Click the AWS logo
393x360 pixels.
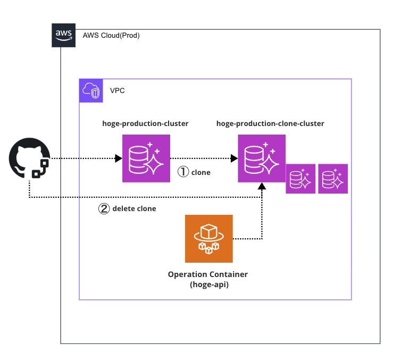(x=63, y=35)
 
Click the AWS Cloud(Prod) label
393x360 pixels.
(x=111, y=35)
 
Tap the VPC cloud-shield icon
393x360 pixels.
(x=91, y=90)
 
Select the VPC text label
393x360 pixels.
(x=118, y=90)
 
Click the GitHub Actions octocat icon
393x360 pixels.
(x=29, y=158)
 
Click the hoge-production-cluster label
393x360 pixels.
(x=145, y=123)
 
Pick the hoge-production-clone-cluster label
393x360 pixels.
(x=270, y=123)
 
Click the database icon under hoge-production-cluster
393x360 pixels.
(x=146, y=158)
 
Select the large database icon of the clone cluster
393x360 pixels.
(x=262, y=158)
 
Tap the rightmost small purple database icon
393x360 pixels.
(x=333, y=179)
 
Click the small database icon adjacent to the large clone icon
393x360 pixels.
(x=300, y=179)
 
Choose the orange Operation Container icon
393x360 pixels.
(x=209, y=239)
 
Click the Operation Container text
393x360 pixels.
(x=208, y=274)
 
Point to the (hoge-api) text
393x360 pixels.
(x=210, y=284)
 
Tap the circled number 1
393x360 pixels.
(x=183, y=172)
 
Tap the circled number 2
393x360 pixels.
(x=104, y=208)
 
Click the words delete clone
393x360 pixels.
(x=135, y=208)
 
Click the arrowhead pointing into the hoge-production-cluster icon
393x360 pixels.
(x=119, y=158)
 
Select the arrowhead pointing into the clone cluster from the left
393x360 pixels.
(x=234, y=158)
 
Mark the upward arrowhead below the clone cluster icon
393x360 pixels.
(x=262, y=186)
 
